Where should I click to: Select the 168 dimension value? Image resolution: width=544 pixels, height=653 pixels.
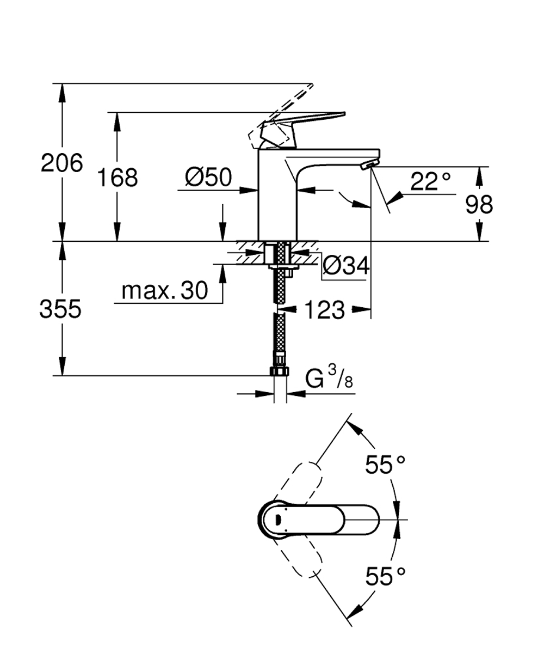point(117,178)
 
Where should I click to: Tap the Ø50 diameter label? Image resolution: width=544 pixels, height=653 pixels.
point(208,177)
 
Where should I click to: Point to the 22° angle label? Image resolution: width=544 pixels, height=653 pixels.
point(430,181)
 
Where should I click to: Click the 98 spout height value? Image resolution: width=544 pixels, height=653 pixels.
point(479,204)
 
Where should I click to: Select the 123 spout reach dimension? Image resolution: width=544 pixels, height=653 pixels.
point(324,310)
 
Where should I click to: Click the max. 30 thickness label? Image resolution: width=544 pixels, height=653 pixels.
point(165,291)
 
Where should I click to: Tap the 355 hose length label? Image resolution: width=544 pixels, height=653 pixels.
point(60,309)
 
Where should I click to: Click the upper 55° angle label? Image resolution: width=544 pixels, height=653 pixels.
point(385,465)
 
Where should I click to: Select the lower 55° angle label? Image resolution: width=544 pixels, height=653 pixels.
point(385,576)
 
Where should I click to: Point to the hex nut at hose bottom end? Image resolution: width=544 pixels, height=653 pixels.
point(280,371)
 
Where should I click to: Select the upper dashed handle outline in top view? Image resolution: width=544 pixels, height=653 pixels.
point(302,479)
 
